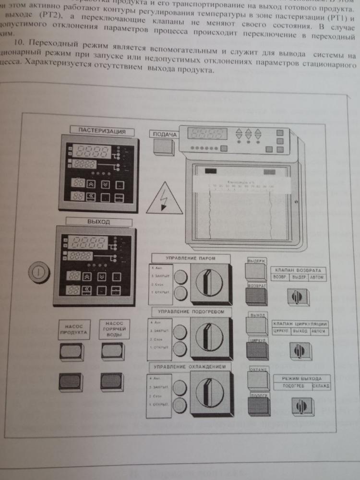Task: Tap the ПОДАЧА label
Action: pyautogui.click(x=164, y=135)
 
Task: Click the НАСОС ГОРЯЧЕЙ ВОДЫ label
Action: pyautogui.click(x=114, y=329)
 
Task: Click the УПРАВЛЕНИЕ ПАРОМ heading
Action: pyautogui.click(x=190, y=258)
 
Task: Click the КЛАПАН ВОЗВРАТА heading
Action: pyautogui.click(x=298, y=270)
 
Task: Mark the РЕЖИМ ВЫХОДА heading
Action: pyautogui.click(x=301, y=378)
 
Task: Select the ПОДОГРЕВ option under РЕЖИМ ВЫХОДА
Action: pyautogui.click(x=292, y=386)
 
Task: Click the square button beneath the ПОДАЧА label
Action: pyautogui.click(x=163, y=148)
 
